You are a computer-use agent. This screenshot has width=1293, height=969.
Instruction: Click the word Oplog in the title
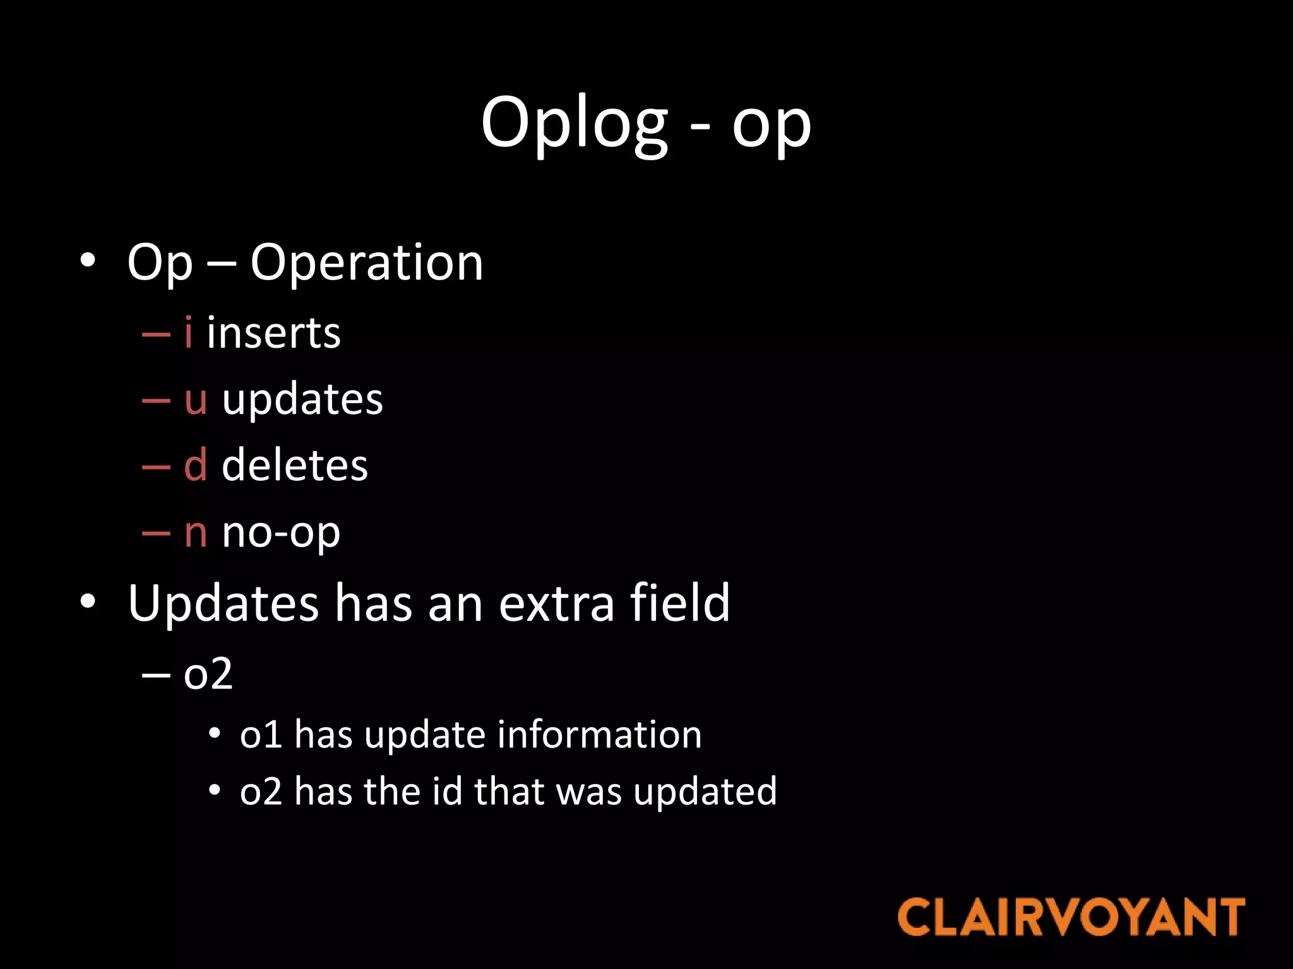click(x=573, y=123)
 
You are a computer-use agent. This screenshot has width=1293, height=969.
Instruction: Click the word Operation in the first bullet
click(x=366, y=262)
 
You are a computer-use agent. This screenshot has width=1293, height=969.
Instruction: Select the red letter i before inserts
click(x=188, y=332)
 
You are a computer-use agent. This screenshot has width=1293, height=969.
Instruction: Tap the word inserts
click(x=273, y=333)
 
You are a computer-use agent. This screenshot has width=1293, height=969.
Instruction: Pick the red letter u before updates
click(x=196, y=400)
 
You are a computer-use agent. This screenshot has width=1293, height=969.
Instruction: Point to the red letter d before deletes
click(x=195, y=466)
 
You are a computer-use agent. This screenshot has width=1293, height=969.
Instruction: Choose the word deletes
click(x=294, y=466)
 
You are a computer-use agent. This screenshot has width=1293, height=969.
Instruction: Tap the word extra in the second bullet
click(x=556, y=603)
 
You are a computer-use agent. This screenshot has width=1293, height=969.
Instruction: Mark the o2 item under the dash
click(x=208, y=674)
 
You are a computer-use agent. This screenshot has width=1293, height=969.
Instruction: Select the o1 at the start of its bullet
click(x=260, y=736)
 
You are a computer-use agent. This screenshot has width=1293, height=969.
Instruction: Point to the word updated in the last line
click(x=705, y=792)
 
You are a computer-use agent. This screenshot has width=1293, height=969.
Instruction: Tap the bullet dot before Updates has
click(x=88, y=601)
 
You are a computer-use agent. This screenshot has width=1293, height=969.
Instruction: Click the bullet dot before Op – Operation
click(x=88, y=260)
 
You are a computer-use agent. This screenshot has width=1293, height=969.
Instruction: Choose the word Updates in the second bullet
click(x=223, y=603)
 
